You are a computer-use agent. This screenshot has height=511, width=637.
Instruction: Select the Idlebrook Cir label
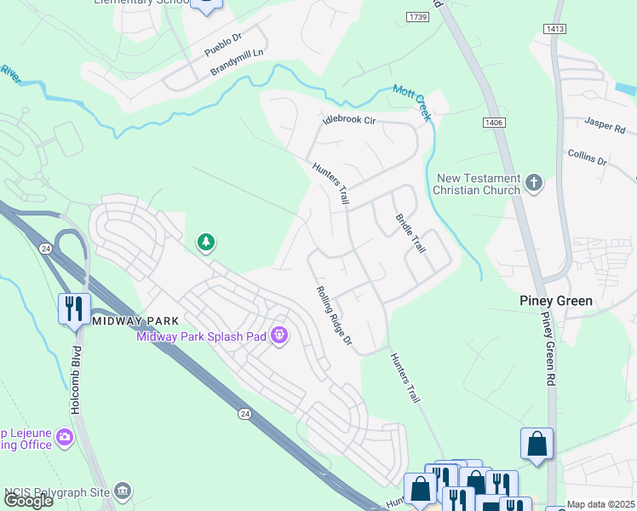click(348, 120)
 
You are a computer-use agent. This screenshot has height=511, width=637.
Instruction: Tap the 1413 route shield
click(556, 29)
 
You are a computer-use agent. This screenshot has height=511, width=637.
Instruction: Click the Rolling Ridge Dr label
click(334, 316)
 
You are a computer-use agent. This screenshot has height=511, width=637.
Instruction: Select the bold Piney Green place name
click(556, 301)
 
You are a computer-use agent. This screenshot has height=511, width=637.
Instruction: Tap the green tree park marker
click(205, 244)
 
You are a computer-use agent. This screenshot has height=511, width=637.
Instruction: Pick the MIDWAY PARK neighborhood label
click(135, 321)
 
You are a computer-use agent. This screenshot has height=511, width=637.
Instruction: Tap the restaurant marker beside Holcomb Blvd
click(74, 307)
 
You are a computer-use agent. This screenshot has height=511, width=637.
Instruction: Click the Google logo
click(28, 500)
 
